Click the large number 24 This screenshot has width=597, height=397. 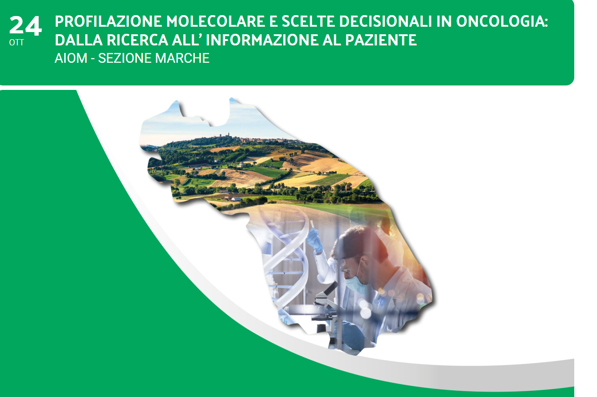25,25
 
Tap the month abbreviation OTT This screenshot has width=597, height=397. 16,43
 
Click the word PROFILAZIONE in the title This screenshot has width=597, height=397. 108,21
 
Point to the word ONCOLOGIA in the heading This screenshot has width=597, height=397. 502,21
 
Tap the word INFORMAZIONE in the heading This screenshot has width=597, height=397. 261,40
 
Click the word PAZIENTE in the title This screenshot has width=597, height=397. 381,40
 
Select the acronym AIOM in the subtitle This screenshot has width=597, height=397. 71,58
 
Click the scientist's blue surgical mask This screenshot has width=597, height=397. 356,284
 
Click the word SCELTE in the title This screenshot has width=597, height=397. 308,21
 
